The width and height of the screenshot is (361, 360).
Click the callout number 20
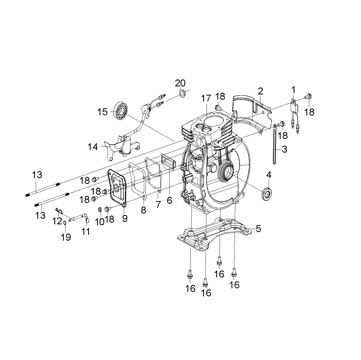click(180, 83)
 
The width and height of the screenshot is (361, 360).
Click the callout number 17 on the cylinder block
click(206, 98)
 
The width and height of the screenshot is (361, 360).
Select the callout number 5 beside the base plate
click(258, 229)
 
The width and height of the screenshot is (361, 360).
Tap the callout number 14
click(93, 147)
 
